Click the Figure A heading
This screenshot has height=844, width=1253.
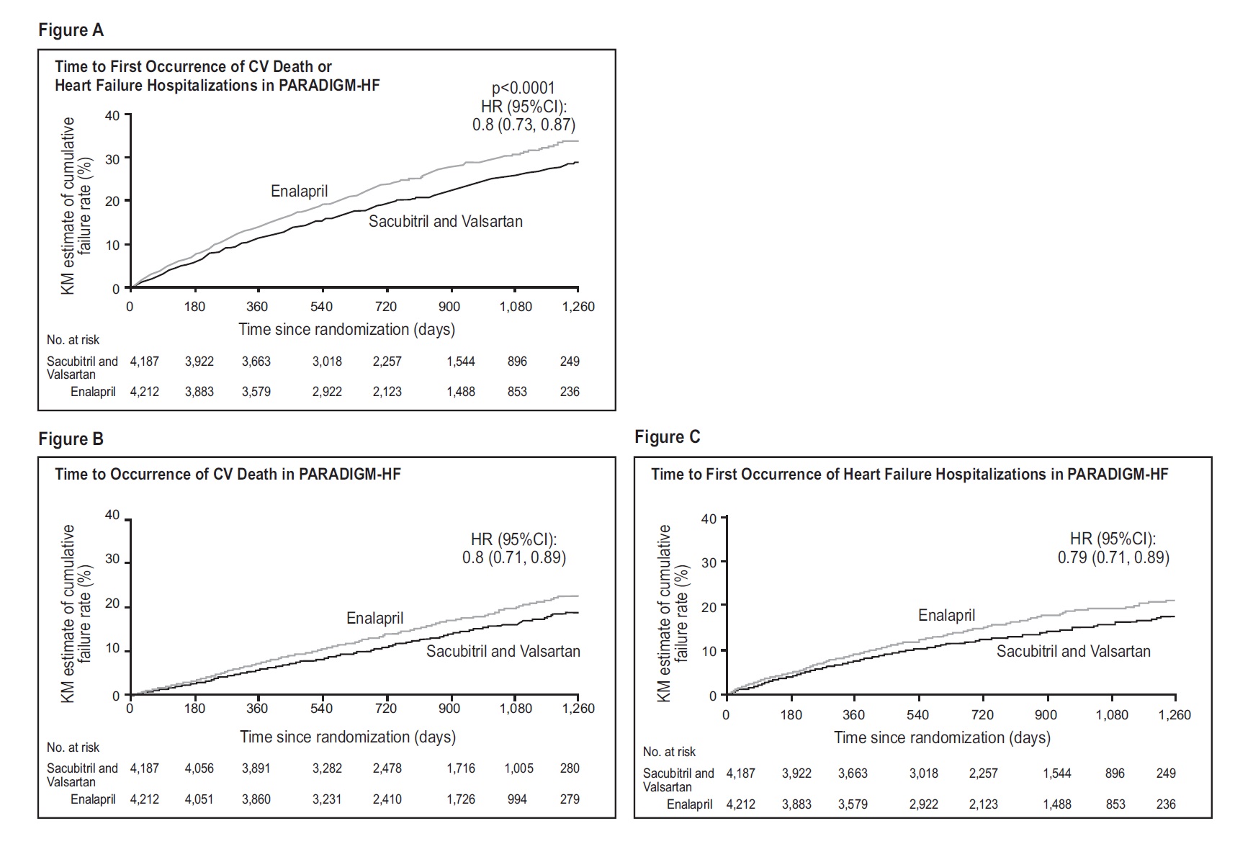point(71,30)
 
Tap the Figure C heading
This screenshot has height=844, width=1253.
point(667,437)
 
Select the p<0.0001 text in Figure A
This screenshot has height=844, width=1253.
point(523,88)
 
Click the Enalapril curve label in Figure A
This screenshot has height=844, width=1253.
point(299,191)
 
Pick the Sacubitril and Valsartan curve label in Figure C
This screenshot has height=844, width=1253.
point(1073,651)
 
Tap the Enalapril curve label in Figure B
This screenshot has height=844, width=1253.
point(374,618)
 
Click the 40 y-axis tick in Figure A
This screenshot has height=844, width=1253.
point(112,115)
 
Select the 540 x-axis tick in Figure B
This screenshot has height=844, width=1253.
point(321,708)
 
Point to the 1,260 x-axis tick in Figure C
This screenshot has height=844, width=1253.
point(1174,714)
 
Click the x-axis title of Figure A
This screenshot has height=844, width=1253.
point(346,329)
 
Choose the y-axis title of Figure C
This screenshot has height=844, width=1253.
point(673,612)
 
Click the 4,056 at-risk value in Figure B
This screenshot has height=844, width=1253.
point(199,768)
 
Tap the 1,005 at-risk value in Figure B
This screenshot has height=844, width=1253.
point(518,768)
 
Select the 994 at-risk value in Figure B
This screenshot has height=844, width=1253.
point(517,799)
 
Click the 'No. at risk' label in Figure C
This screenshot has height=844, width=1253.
point(669,752)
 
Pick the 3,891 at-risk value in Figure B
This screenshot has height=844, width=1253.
point(256,768)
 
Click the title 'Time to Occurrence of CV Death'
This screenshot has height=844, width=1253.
point(228,474)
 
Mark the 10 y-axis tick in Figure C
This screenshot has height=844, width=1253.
point(709,650)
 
